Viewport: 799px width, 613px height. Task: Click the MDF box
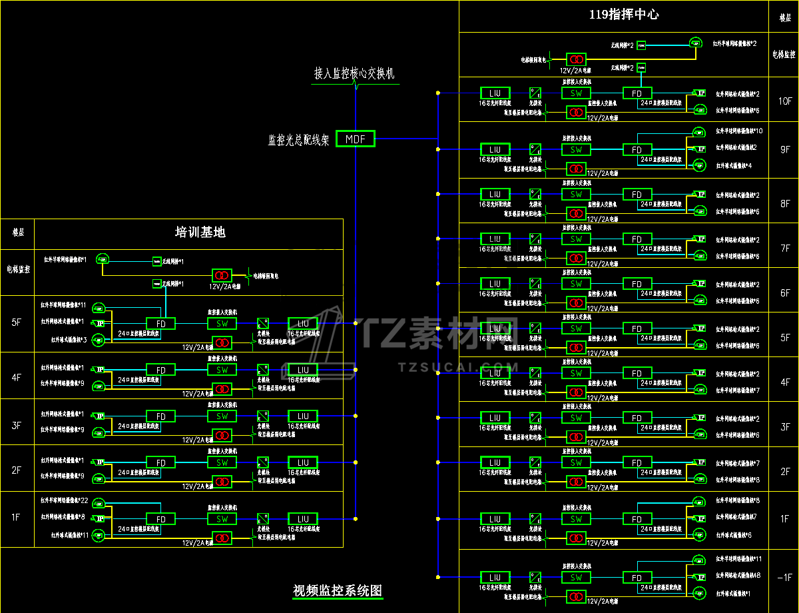[356, 139]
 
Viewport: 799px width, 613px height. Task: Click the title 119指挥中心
[624, 14]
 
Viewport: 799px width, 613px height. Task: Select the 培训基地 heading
[200, 232]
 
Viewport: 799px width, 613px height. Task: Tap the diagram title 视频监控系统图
[338, 590]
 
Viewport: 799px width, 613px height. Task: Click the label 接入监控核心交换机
[354, 73]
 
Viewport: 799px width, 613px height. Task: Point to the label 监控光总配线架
[298, 140]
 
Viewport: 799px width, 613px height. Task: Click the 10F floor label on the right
[785, 101]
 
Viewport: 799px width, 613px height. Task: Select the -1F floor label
[785, 578]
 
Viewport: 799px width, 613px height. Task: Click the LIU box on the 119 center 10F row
[495, 93]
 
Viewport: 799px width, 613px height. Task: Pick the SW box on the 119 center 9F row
[577, 150]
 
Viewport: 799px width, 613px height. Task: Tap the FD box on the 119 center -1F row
[637, 578]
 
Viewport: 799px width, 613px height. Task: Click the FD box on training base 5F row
[160, 324]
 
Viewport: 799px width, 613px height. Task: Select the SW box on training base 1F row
[222, 519]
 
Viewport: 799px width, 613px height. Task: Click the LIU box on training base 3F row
[303, 416]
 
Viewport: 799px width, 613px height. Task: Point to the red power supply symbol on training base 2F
[222, 481]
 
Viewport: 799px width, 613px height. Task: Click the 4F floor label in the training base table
[17, 376]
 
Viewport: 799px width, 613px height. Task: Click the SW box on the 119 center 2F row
[577, 462]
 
